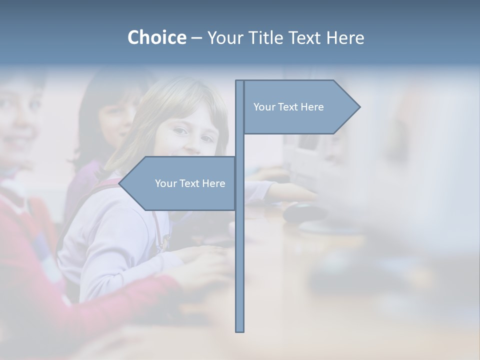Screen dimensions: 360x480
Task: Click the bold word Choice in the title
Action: coord(156,37)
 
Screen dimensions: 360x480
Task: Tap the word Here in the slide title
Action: coord(345,37)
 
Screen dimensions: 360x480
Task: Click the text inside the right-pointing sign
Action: coord(288,107)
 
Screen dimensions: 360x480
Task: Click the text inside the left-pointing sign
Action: coord(190,183)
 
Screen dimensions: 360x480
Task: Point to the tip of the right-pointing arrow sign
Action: coord(359,107)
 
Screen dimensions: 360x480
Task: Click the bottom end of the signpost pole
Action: coord(240,330)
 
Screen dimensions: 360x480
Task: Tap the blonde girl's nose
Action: coord(192,137)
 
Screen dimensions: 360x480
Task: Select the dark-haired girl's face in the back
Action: coord(118,120)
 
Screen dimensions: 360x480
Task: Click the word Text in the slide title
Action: coord(304,37)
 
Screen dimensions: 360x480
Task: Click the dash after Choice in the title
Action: coord(196,38)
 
